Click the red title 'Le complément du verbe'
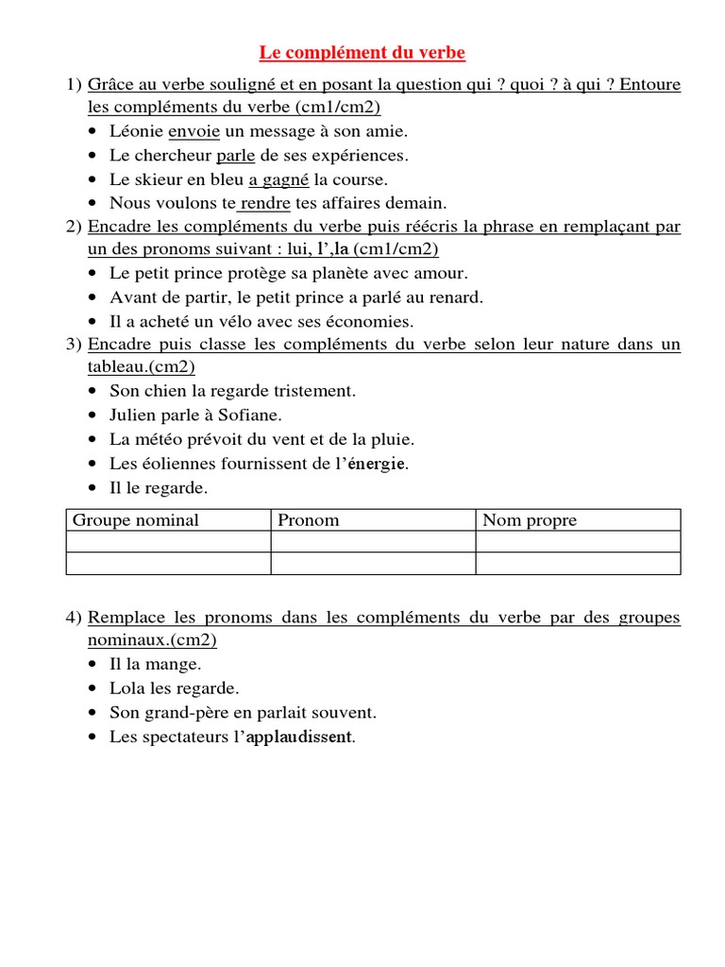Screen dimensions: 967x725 coord(362,53)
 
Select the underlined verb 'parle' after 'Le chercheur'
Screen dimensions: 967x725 coord(236,155)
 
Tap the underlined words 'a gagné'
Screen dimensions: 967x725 coord(279,178)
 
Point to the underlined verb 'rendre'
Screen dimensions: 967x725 coord(265,202)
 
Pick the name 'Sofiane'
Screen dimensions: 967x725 coord(251,414)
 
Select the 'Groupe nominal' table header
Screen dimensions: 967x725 coord(136,520)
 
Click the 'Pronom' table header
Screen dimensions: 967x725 coord(309,520)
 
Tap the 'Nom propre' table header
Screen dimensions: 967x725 coord(530,520)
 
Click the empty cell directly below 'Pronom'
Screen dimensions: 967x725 coord(373,541)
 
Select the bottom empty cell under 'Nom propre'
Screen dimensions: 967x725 coord(578,564)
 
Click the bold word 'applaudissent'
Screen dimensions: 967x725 coord(299,737)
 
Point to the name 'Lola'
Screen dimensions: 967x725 coord(127,688)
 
